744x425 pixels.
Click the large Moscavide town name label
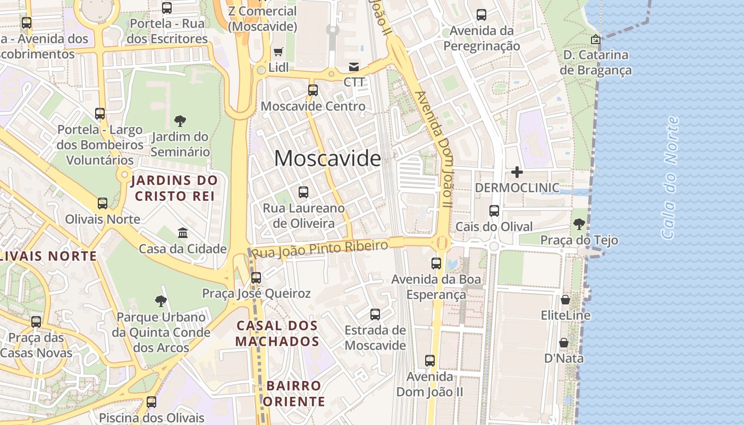tap(327, 158)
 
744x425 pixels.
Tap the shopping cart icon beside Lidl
tap(278, 52)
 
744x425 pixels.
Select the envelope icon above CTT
tap(353, 67)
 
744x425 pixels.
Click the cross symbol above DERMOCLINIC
tap(517, 172)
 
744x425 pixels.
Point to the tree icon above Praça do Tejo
tap(579, 224)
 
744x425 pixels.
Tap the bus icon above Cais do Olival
tap(494, 211)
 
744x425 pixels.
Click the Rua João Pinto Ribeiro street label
tap(320, 248)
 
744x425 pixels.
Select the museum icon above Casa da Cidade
tap(183, 233)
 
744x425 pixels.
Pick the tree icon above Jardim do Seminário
tap(180, 121)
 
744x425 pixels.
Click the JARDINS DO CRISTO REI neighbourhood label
tap(174, 188)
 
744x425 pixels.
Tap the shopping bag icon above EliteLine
tap(565, 300)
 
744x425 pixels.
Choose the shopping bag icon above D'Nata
tap(564, 343)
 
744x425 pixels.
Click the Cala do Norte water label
tap(671, 177)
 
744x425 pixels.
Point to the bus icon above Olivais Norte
tap(103, 203)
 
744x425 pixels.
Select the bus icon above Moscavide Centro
tap(313, 90)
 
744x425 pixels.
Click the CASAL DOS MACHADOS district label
tap(277, 333)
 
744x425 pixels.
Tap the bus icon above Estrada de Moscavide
tap(375, 314)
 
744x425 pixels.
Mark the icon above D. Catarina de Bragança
tap(596, 39)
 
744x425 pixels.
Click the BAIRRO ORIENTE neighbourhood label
tap(294, 393)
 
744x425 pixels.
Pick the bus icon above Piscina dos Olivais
tap(151, 402)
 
